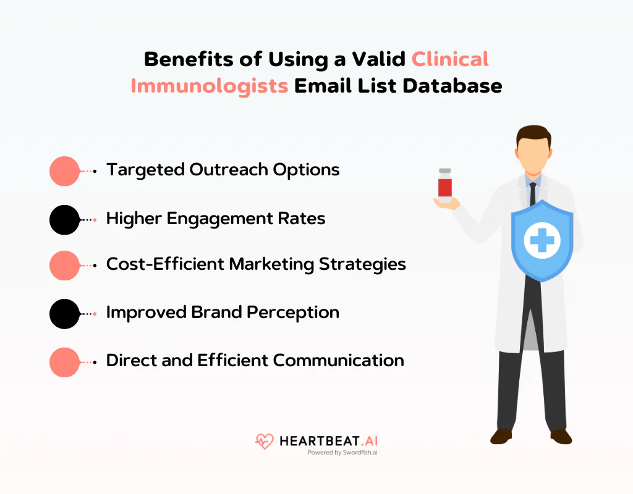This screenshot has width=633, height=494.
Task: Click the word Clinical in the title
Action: [x=450, y=59]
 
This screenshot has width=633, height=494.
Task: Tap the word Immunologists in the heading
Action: [x=209, y=85]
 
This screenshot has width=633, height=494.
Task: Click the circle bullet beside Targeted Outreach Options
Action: [x=64, y=171]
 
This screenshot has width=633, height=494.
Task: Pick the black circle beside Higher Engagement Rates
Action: [x=64, y=219]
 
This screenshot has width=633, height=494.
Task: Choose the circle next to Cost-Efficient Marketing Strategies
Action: [x=64, y=266]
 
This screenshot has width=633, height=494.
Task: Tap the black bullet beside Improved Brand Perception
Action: [x=64, y=314]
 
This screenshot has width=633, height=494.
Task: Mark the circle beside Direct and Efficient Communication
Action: [x=64, y=362]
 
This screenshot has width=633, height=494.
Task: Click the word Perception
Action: [x=292, y=312]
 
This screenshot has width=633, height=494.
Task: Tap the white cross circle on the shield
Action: [x=542, y=240]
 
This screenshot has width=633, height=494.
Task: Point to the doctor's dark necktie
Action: [x=532, y=192]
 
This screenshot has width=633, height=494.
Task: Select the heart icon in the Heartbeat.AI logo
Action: [x=264, y=442]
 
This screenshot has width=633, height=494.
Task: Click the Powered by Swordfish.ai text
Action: [x=342, y=453]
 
